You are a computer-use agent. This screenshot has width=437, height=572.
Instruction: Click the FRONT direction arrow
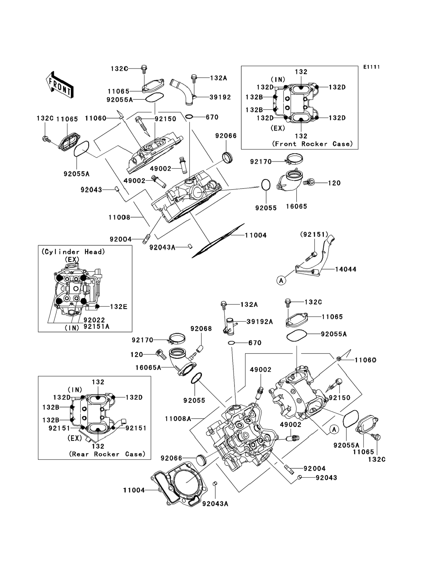(x=60, y=85)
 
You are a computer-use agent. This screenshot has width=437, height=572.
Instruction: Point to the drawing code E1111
(x=371, y=67)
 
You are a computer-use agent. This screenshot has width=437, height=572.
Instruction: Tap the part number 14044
(x=345, y=269)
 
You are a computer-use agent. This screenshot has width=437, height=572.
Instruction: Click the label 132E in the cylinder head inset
(x=119, y=307)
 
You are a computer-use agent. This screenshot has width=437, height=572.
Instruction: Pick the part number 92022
(x=94, y=320)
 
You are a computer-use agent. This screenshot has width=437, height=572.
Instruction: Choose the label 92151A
(x=96, y=326)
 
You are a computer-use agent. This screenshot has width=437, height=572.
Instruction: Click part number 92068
(x=201, y=329)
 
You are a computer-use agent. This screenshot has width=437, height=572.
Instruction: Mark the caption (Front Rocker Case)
(x=312, y=144)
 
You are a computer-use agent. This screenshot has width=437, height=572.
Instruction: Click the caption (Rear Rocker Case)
(x=107, y=454)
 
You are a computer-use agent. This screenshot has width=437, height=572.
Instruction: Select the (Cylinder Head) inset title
(x=73, y=252)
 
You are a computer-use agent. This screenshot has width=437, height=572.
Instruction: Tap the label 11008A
(x=178, y=419)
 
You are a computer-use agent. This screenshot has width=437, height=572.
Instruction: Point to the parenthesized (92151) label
(x=314, y=234)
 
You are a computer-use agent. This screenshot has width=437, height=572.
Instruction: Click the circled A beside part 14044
(x=281, y=280)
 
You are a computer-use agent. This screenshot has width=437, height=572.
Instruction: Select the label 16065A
(x=148, y=368)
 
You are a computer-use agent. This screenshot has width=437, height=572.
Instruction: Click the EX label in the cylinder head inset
(x=72, y=259)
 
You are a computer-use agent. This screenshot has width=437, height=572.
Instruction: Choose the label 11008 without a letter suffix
(x=119, y=217)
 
